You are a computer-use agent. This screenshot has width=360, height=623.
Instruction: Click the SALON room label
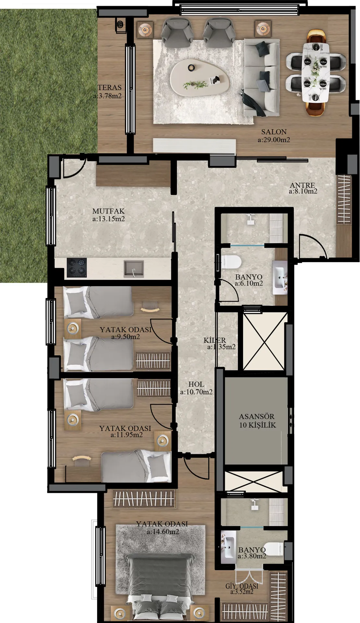pyautogui.click(x=274, y=132)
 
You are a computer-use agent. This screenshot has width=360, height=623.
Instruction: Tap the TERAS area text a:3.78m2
pyautogui.click(x=107, y=96)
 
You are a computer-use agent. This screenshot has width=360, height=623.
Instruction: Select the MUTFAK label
pyautogui.click(x=108, y=211)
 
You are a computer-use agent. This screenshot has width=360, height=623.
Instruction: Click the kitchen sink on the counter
pyautogui.click(x=134, y=269)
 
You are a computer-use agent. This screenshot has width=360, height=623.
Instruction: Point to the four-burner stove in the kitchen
pyautogui.click(x=77, y=268)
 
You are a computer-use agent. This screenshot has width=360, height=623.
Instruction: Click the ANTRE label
pyautogui.click(x=303, y=185)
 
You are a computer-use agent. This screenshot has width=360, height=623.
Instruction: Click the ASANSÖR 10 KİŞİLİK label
pyautogui.click(x=257, y=421)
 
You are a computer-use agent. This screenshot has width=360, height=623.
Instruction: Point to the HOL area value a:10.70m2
pyautogui.click(x=196, y=392)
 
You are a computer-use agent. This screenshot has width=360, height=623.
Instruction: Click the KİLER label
pyautogui.click(x=215, y=340)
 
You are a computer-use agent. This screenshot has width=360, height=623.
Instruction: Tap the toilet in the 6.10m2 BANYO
pyautogui.click(x=231, y=262)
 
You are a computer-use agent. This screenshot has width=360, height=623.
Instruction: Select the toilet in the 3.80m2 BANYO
pyautogui.click(x=274, y=548)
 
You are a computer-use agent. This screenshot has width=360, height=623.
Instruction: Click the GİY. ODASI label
pyautogui.click(x=242, y=586)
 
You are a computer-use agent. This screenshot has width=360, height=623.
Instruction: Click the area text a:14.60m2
pyautogui.click(x=163, y=532)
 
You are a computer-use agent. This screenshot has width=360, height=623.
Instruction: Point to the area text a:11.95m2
pyautogui.click(x=127, y=435)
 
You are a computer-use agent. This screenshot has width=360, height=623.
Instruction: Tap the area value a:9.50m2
pyautogui.click(x=126, y=336)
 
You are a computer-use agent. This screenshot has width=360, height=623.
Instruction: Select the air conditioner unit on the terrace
pyautogui.click(x=121, y=25)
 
